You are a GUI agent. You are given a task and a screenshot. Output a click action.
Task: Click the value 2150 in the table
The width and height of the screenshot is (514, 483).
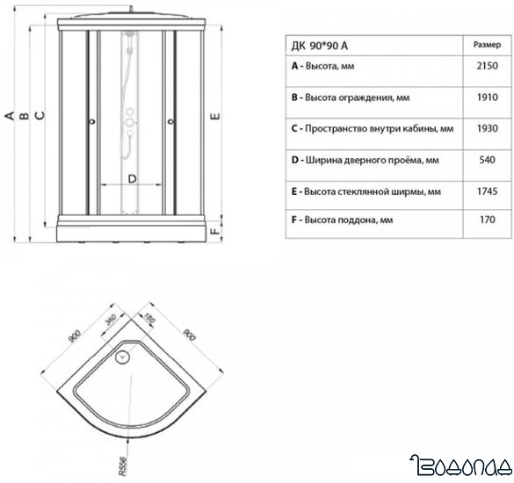click(487, 66)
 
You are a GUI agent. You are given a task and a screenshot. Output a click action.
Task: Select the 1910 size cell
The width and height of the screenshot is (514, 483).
click(487, 97)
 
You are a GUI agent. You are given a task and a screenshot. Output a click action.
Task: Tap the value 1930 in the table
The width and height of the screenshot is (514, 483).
click(487, 128)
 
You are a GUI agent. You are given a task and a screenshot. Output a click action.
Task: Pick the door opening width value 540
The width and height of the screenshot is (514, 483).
click(487, 160)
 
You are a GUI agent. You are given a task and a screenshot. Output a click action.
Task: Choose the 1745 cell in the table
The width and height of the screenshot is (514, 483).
click(487, 191)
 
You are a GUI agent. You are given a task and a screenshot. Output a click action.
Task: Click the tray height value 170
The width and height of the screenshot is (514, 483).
click(487, 220)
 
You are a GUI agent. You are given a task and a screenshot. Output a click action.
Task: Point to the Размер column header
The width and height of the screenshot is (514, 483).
click(487, 45)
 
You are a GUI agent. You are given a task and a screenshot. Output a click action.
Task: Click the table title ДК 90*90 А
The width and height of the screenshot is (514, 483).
click(320, 46)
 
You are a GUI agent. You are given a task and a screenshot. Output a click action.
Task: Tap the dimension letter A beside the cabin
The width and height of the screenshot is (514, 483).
click(11, 116)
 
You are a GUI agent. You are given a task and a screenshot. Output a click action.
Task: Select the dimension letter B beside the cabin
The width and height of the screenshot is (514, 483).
click(25, 116)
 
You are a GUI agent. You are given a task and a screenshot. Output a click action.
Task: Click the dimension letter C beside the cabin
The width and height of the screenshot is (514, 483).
click(40, 115)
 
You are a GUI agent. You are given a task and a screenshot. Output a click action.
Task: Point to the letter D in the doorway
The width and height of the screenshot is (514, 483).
click(132, 179)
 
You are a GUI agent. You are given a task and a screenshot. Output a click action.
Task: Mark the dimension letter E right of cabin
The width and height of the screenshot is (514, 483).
click(215, 116)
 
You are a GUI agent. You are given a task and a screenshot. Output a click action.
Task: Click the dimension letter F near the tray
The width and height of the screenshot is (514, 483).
click(214, 231)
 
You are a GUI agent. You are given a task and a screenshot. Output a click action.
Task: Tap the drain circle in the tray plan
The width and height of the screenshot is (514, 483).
click(123, 357)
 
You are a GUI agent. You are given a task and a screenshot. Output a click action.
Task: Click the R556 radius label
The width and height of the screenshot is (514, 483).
click(122, 466)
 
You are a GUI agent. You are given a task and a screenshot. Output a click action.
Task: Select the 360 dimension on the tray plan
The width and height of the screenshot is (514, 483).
click(111, 319)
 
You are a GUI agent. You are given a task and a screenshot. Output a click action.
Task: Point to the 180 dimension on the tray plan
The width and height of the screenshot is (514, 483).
click(149, 319)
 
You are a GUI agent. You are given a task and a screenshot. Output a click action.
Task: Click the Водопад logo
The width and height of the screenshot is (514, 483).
click(461, 465)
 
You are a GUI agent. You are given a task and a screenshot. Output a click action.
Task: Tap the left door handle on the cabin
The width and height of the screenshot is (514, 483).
click(93, 122)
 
